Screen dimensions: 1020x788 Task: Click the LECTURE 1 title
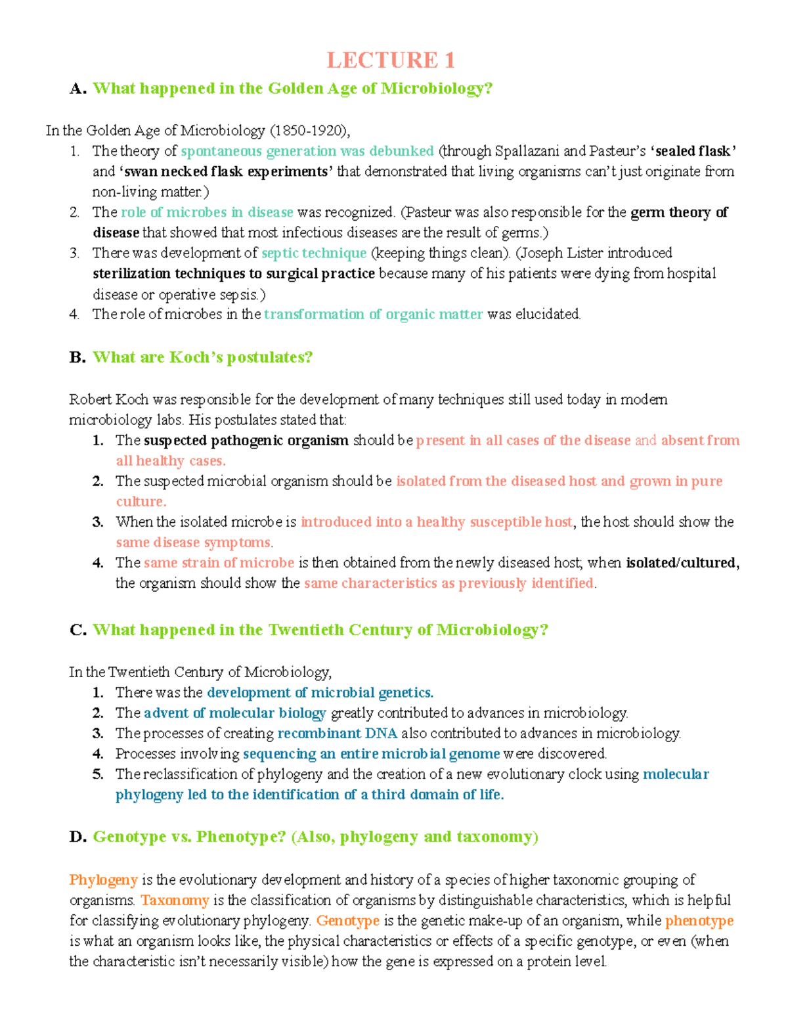(x=391, y=60)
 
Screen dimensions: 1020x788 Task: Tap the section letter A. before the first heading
(x=77, y=89)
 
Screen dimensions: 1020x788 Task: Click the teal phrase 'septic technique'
(x=314, y=253)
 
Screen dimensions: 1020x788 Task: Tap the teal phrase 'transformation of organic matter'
(x=373, y=314)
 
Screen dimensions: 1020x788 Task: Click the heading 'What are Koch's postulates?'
(x=202, y=357)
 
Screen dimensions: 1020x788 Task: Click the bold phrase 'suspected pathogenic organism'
(x=246, y=440)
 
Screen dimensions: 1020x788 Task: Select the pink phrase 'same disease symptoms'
(x=193, y=543)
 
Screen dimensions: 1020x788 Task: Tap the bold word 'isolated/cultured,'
(x=682, y=563)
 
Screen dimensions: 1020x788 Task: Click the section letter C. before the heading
(x=77, y=630)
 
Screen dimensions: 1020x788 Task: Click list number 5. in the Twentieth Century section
(x=98, y=774)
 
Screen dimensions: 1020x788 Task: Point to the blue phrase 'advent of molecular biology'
(x=234, y=713)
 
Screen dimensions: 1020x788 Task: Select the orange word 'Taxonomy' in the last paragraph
(x=175, y=900)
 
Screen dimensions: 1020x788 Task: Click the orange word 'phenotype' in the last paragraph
(x=699, y=920)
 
